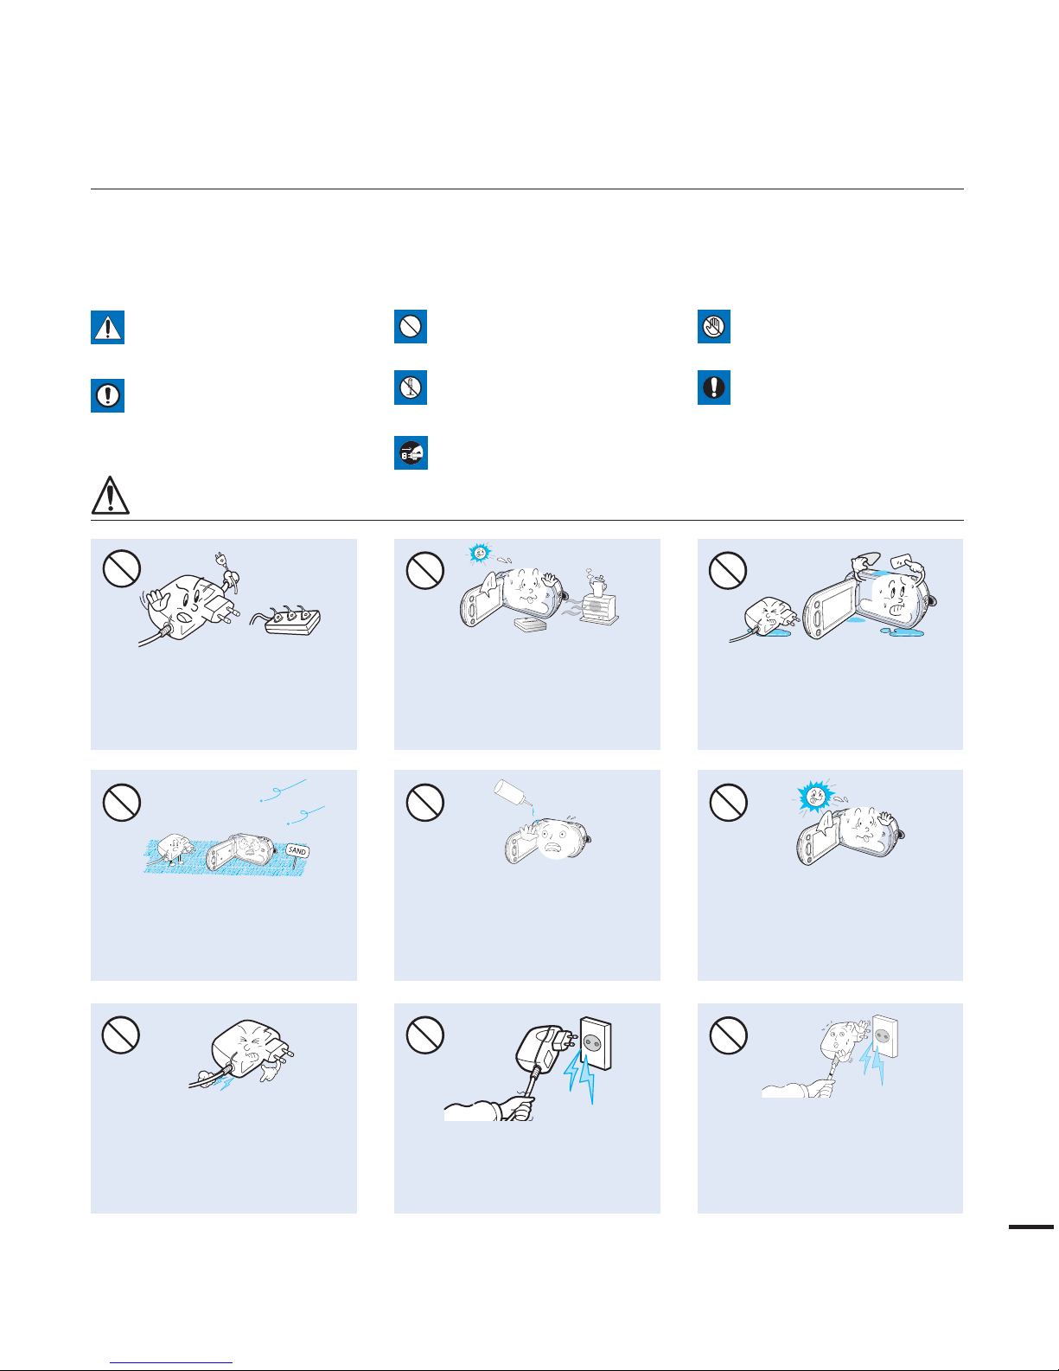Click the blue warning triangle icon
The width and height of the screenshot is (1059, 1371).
(x=107, y=327)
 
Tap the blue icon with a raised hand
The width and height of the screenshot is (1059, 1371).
(x=713, y=326)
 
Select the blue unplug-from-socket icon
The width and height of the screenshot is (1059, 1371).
(x=411, y=452)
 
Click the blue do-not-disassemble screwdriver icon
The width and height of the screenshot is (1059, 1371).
(x=411, y=387)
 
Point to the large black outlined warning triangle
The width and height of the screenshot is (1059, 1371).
(x=111, y=496)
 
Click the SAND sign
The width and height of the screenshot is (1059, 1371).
(x=297, y=850)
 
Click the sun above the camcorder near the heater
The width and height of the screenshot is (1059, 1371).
(x=481, y=553)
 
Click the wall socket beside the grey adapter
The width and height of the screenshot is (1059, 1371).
(x=595, y=1043)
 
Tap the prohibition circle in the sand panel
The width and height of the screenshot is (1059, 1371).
(x=122, y=802)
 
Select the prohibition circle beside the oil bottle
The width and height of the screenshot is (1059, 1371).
(x=424, y=802)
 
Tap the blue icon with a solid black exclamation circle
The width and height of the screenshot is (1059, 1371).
(x=713, y=387)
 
